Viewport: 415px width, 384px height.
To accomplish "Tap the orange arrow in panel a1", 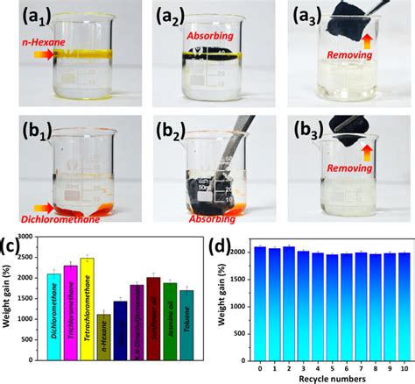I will (x=43, y=54).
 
